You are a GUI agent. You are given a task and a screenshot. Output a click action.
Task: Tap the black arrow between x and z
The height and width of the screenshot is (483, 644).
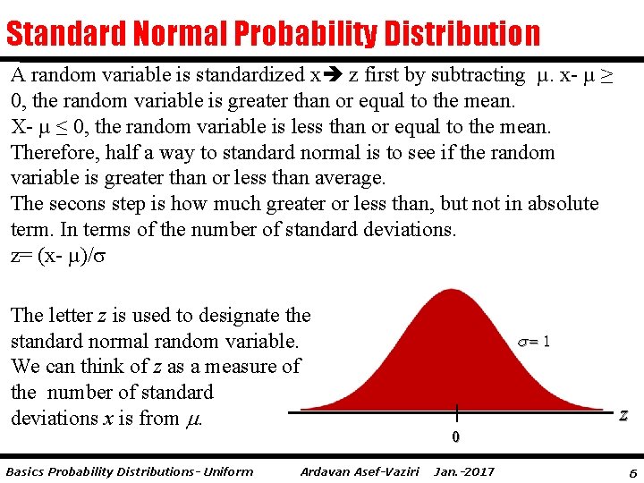coord(333,76)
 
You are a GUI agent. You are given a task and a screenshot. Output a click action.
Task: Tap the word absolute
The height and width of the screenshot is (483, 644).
coord(563,204)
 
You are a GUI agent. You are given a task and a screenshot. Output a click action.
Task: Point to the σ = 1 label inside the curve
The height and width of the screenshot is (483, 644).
coord(534,341)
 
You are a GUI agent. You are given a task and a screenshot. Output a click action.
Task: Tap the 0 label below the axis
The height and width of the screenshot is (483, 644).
coord(455,437)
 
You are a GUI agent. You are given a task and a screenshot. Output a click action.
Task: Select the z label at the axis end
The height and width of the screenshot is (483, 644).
coord(623,415)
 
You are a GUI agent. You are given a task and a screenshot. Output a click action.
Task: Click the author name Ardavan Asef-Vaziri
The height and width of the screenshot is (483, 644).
coord(361,471)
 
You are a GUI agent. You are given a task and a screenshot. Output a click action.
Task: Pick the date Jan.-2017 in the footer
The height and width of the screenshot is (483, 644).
coord(463,471)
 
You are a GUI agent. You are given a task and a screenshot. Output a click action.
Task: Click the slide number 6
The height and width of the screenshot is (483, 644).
coord(632,471)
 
